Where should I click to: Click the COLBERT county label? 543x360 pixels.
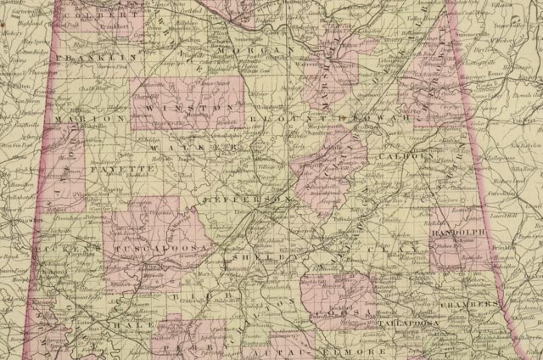(x=95, y=15)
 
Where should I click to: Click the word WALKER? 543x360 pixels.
(x=204, y=147)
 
